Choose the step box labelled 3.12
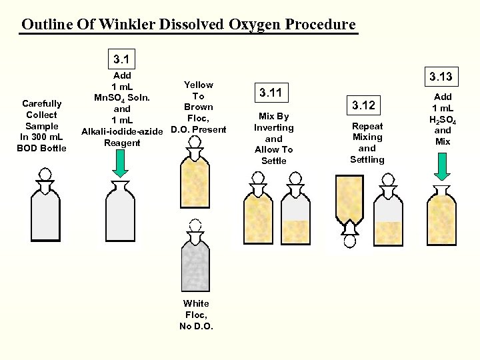[x=363, y=105]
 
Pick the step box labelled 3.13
[x=440, y=77]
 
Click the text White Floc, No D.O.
[x=196, y=314]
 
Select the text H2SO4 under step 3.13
[x=443, y=119]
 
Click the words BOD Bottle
[x=41, y=148]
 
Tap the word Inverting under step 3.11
[x=273, y=127]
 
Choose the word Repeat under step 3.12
[x=367, y=126]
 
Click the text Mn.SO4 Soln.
[x=121, y=97]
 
